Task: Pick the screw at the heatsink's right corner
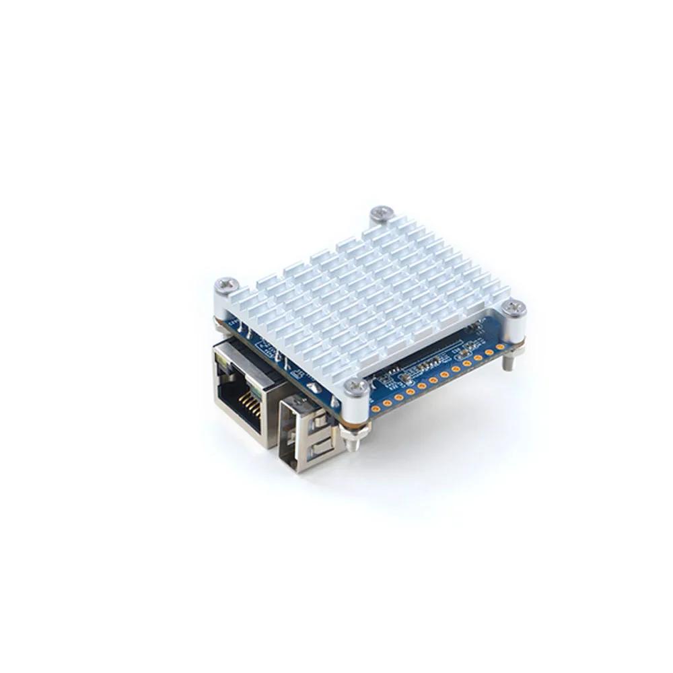point(514,308)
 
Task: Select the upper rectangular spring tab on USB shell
point(319,425)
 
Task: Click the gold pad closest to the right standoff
point(499,347)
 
